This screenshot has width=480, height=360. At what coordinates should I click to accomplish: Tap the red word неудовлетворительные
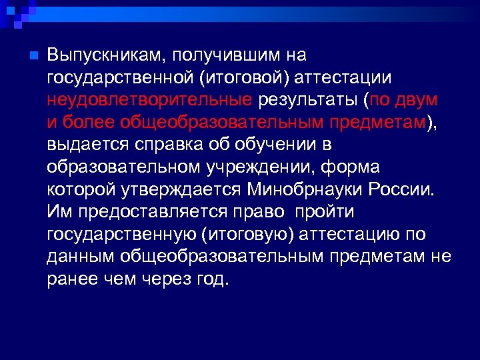(x=149, y=100)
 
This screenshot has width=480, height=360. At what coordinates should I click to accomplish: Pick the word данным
(x=79, y=256)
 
